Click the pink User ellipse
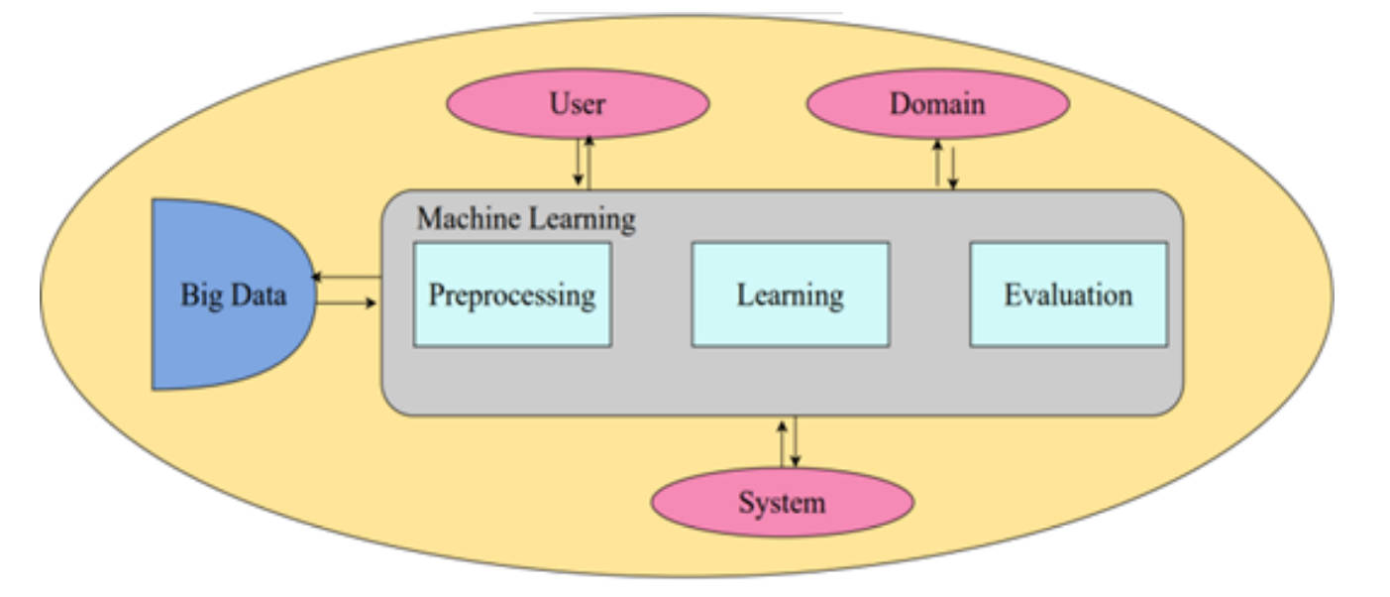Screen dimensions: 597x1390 tap(578, 103)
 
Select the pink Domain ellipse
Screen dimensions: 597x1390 tap(937, 103)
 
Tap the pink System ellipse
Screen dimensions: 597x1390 tap(782, 502)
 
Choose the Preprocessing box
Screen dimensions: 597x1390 tap(512, 295)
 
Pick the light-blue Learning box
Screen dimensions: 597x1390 tap(790, 295)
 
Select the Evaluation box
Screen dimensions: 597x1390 tap(1068, 295)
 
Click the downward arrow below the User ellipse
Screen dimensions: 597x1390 tap(578, 164)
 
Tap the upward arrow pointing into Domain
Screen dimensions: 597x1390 tap(937, 163)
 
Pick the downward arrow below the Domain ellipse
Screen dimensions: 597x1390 tap(953, 167)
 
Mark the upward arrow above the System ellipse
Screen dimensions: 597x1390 tap(782, 442)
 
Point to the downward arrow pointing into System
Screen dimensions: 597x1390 tap(795, 442)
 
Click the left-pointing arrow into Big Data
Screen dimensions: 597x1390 tap(347, 278)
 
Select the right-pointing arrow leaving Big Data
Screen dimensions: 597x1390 tap(347, 301)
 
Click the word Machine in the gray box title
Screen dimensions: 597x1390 tap(465, 218)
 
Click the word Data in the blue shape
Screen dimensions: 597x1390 tap(257, 295)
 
